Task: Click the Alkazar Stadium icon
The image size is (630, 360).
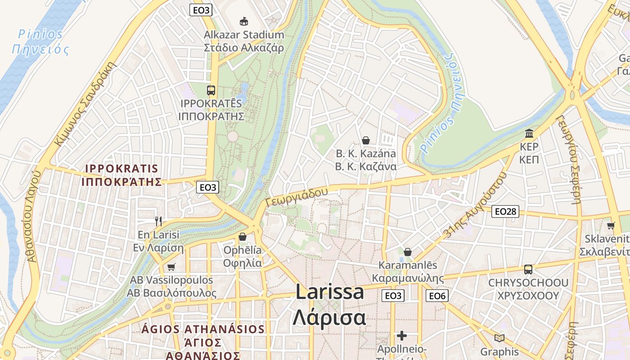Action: [x=243, y=21]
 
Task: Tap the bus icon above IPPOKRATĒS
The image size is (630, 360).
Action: [x=211, y=90]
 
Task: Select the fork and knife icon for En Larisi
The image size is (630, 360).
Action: [x=158, y=221]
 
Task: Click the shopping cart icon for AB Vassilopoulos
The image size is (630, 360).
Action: [x=171, y=267]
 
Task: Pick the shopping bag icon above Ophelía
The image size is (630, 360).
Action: [x=243, y=236]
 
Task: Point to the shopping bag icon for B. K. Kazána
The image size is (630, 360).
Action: [x=366, y=140]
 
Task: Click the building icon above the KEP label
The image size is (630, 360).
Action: [x=529, y=133]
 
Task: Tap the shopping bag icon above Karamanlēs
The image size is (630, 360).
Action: [x=408, y=252]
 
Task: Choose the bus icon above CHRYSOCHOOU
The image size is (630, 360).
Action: [x=528, y=270]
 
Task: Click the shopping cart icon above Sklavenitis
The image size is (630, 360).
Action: [x=611, y=225]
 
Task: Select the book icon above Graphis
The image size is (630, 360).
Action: [x=499, y=338]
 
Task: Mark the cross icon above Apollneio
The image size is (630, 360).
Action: [x=402, y=336]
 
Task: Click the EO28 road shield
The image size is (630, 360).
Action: [x=505, y=211]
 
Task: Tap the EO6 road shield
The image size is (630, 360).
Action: [x=437, y=296]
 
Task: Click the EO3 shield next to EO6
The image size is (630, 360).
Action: [x=393, y=296]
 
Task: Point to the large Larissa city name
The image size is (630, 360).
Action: [x=329, y=292]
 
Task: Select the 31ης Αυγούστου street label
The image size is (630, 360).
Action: [x=472, y=205]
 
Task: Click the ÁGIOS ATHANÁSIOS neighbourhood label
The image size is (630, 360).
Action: [x=203, y=328]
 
